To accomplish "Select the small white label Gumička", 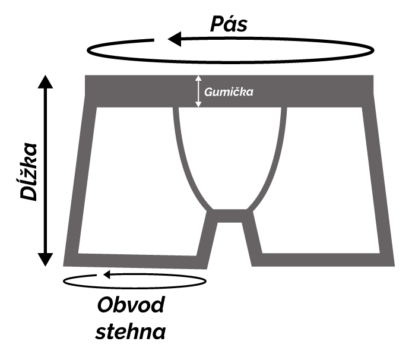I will pyautogui.click(x=229, y=92).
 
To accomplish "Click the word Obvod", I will pyautogui.click(x=130, y=306).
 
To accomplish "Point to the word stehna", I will pyautogui.click(x=131, y=330).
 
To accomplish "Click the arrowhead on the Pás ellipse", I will pyautogui.click(x=175, y=39).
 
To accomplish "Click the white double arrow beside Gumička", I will pyautogui.click(x=199, y=91).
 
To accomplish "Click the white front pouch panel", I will pyautogui.click(x=229, y=154).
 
